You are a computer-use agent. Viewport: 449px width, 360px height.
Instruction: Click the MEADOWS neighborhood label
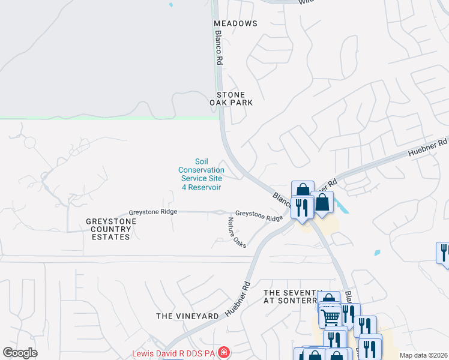coord(235,23)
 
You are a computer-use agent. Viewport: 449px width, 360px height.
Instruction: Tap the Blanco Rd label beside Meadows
coord(219,48)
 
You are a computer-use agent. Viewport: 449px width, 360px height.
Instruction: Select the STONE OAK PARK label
coord(231,99)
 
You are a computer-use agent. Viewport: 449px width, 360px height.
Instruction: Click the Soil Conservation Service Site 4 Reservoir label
coord(202,174)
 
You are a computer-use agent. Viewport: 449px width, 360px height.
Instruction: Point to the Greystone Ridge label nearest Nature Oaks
coord(259,213)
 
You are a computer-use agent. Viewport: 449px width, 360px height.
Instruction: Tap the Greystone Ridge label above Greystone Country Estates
coord(153,213)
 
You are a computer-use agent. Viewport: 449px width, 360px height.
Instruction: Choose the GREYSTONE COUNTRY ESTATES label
coord(111,229)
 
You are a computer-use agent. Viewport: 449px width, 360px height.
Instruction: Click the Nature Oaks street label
coord(237,233)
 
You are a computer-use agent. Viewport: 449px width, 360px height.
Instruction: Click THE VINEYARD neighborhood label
coord(187,316)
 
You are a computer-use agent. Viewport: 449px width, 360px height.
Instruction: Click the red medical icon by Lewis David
coord(224,352)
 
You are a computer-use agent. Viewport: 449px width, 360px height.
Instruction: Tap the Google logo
coord(20,353)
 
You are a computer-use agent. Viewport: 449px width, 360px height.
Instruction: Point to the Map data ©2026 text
coord(423,355)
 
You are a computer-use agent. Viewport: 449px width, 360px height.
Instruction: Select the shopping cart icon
coord(331,316)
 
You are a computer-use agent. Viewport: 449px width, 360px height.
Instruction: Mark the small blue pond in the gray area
coord(170,5)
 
